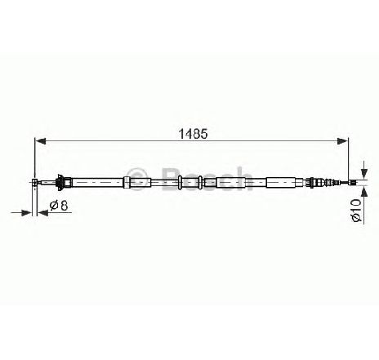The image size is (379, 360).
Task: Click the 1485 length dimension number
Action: click(x=193, y=134)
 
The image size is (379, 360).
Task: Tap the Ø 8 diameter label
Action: click(x=59, y=205)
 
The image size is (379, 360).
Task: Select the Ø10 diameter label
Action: click(x=356, y=210)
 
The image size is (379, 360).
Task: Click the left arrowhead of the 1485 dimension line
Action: click(x=40, y=141)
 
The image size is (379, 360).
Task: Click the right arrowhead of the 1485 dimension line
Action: click(x=342, y=141)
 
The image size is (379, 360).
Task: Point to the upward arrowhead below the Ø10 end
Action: click(x=364, y=191)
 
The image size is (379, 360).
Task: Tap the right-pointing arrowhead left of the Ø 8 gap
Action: click(x=27, y=213)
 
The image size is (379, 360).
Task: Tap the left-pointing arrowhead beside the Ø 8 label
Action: click(x=42, y=213)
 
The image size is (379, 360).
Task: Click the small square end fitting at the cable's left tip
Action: click(x=34, y=182)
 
